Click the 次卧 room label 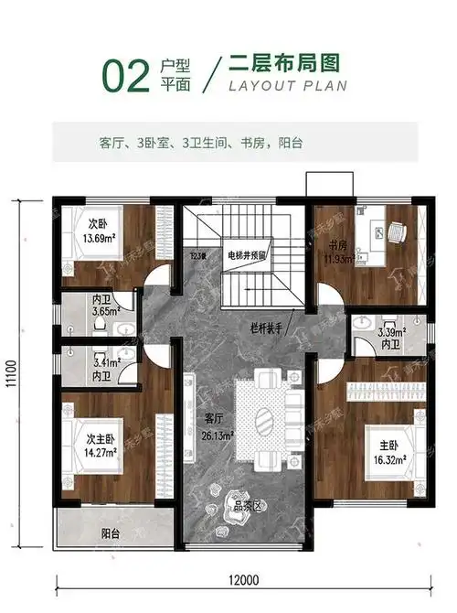tap(98, 224)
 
